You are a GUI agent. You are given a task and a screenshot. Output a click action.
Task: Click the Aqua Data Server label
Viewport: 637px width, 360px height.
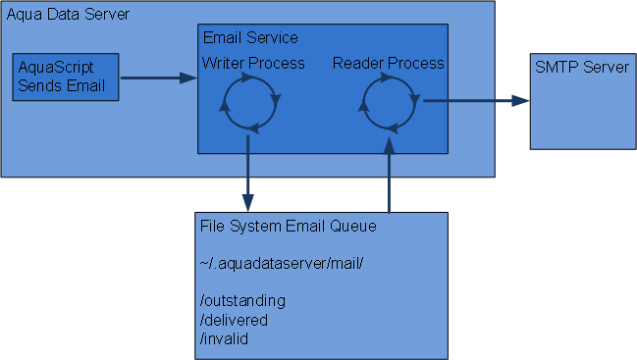pyautogui.click(x=68, y=15)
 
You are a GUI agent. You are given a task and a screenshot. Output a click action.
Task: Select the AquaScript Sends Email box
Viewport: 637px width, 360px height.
pyautogui.click(x=66, y=77)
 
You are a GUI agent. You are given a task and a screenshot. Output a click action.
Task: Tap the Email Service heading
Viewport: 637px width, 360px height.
pyautogui.click(x=250, y=37)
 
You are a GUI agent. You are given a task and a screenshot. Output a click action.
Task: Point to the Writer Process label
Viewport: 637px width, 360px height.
pyautogui.click(x=253, y=64)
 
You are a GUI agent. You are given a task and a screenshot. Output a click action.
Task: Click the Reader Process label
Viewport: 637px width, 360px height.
pyautogui.click(x=389, y=64)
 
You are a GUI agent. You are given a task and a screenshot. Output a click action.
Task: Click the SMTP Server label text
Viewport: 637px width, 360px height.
pyautogui.click(x=582, y=67)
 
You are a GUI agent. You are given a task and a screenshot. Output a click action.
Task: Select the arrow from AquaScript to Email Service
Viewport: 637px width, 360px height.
pyautogui.click(x=159, y=77)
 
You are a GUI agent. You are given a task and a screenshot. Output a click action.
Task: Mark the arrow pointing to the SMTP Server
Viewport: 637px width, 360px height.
pyautogui.click(x=477, y=101)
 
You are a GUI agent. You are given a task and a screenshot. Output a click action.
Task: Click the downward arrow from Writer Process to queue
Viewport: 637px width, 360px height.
pyautogui.click(x=247, y=174)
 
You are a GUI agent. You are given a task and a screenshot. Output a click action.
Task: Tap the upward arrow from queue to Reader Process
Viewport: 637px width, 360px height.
pyautogui.click(x=390, y=175)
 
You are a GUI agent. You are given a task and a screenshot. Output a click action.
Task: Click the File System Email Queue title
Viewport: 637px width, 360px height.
pyautogui.click(x=288, y=226)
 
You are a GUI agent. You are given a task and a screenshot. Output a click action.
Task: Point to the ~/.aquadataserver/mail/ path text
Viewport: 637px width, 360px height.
pyautogui.click(x=282, y=264)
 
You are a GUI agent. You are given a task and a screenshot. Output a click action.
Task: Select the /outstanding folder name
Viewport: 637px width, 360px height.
pyautogui.click(x=242, y=301)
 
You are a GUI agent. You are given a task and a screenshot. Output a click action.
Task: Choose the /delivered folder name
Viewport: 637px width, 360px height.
pyautogui.click(x=234, y=320)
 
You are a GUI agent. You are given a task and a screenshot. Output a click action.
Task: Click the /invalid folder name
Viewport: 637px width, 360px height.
pyautogui.click(x=224, y=338)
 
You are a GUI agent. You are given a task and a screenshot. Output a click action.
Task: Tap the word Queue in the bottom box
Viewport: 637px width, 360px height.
pyautogui.click(x=353, y=226)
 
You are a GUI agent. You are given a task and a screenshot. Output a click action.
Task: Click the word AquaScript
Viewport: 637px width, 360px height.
pyautogui.click(x=56, y=68)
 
